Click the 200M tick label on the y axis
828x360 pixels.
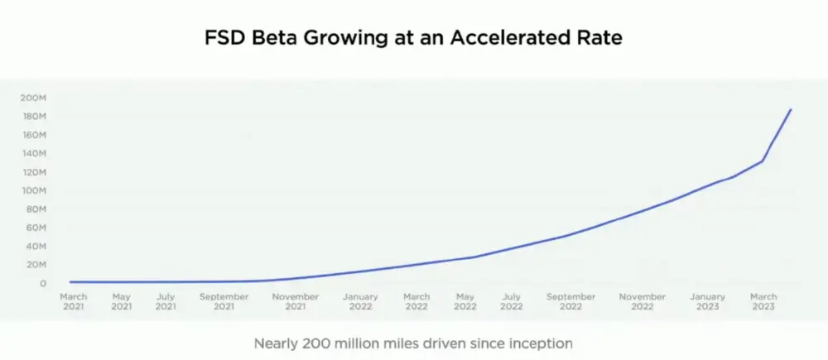34,98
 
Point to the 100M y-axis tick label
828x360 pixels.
34,190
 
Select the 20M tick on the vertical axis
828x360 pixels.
36,265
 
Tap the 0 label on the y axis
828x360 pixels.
42,283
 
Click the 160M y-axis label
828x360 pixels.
34,135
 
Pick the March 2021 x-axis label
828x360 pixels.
74,301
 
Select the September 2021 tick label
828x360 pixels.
224,301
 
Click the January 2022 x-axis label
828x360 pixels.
360,301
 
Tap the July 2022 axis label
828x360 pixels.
511,301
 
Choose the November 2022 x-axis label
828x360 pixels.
643,301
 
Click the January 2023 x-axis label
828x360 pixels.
707,301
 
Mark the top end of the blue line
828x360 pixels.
792,109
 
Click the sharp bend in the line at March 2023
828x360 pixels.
762,161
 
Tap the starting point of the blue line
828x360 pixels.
71,282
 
